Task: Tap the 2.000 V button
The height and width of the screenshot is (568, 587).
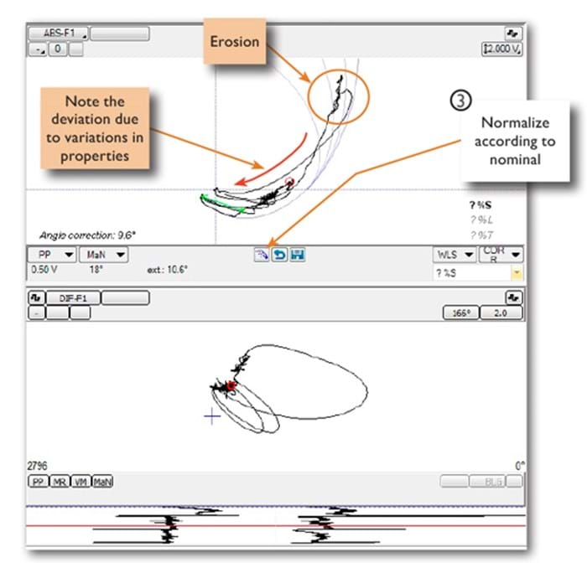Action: [x=502, y=49]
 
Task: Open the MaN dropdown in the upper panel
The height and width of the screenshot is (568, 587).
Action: [x=107, y=254]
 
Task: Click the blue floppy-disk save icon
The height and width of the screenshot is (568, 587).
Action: [x=297, y=255]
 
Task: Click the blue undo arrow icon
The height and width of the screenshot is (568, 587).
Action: [x=280, y=255]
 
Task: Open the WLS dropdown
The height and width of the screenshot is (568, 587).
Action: [x=454, y=254]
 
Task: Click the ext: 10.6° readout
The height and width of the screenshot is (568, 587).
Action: [x=169, y=270]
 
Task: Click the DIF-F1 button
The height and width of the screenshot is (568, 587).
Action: [x=70, y=297]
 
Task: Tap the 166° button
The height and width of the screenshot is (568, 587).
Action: [x=458, y=312]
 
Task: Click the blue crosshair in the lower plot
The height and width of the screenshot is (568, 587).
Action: [x=213, y=416]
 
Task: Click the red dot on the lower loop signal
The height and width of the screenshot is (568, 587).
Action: [x=231, y=385]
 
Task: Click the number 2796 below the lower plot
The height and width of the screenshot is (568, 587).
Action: [x=39, y=464]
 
